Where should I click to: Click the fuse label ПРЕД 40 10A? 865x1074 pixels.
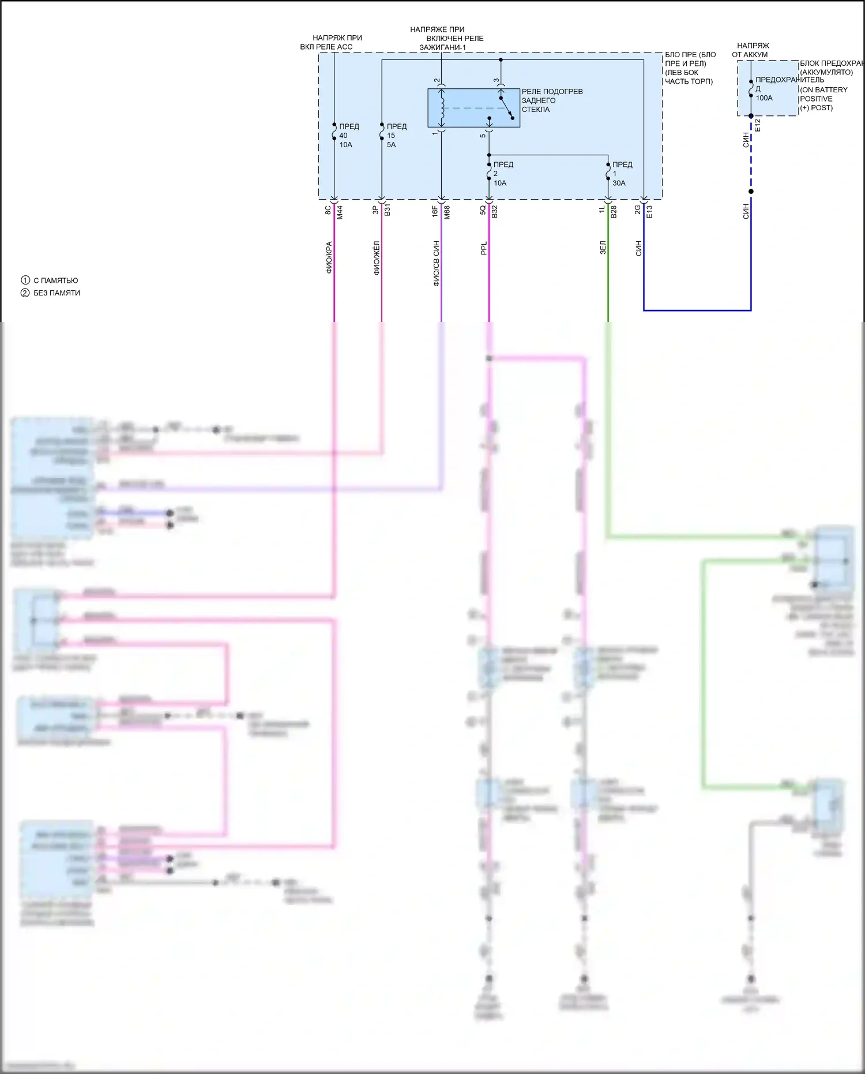tap(348, 136)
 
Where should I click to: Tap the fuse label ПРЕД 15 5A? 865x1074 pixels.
tap(396, 136)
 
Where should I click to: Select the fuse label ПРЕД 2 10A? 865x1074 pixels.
tap(502, 174)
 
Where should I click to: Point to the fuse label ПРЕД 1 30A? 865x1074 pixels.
tap(621, 174)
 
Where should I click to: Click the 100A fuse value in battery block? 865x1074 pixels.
tap(764, 98)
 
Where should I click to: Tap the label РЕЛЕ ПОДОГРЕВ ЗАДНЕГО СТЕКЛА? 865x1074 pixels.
tap(551, 100)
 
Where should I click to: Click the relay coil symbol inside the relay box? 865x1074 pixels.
tap(442, 108)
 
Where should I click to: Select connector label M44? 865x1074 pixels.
tap(340, 212)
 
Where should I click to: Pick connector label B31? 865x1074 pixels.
tap(388, 211)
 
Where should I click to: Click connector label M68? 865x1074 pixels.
tap(447, 212)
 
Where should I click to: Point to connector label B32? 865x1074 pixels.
tap(495, 211)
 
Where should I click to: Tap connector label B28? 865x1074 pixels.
tap(614, 212)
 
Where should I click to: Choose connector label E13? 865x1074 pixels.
tap(649, 212)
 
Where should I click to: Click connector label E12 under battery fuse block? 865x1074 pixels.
tap(758, 125)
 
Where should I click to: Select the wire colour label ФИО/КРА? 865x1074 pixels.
tap(329, 257)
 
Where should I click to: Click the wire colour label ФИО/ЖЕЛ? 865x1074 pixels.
tap(377, 258)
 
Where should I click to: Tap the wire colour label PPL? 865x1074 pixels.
tap(484, 248)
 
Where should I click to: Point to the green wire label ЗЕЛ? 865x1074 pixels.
tap(603, 248)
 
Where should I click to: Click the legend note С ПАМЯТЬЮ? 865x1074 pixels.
tap(55, 280)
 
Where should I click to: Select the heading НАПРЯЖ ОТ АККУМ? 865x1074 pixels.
tap(751, 50)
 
